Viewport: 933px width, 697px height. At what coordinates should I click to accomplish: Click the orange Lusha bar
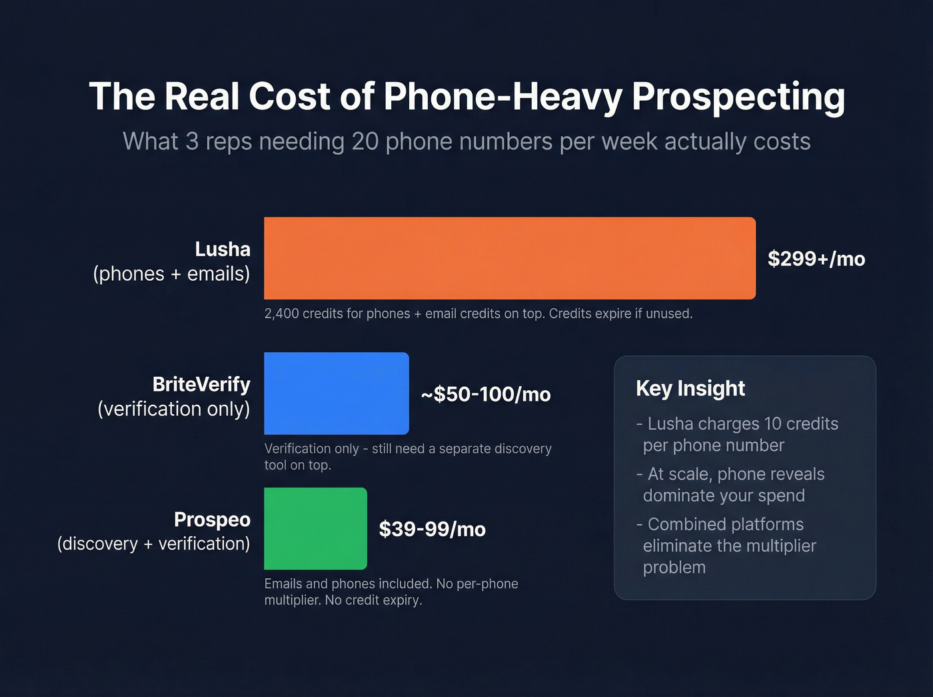(x=510, y=258)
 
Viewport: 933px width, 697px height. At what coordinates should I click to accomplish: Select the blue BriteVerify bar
(x=337, y=394)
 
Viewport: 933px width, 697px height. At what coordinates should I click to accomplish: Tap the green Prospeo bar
(x=315, y=528)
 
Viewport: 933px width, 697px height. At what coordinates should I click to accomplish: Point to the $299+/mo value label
(x=816, y=259)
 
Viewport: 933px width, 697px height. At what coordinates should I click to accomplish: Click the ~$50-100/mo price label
(x=486, y=394)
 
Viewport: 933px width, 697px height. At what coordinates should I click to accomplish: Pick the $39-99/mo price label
(x=432, y=529)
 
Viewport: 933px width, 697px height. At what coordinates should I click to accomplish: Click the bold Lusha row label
(x=223, y=249)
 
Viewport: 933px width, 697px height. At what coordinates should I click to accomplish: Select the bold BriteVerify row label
(x=201, y=384)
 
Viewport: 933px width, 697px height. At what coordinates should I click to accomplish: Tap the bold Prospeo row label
(x=212, y=519)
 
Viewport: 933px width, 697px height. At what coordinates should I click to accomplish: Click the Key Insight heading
(x=690, y=388)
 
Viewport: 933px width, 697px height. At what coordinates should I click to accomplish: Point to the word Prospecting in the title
(x=738, y=96)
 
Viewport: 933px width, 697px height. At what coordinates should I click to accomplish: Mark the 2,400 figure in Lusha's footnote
(x=281, y=313)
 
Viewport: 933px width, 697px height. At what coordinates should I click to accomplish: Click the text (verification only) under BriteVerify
(x=174, y=409)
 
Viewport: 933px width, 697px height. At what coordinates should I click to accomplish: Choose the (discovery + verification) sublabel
(x=154, y=544)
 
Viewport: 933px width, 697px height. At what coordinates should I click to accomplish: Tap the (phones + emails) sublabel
(x=172, y=273)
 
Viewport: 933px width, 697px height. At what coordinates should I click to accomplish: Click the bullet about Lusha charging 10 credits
(x=737, y=434)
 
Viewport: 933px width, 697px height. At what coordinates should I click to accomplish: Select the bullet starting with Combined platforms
(x=726, y=546)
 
